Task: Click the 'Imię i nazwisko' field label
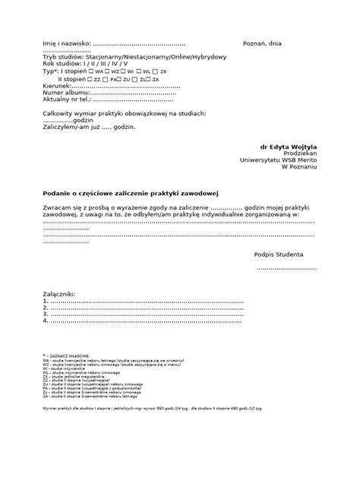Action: tap(66, 44)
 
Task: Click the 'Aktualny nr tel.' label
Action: tap(67, 99)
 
